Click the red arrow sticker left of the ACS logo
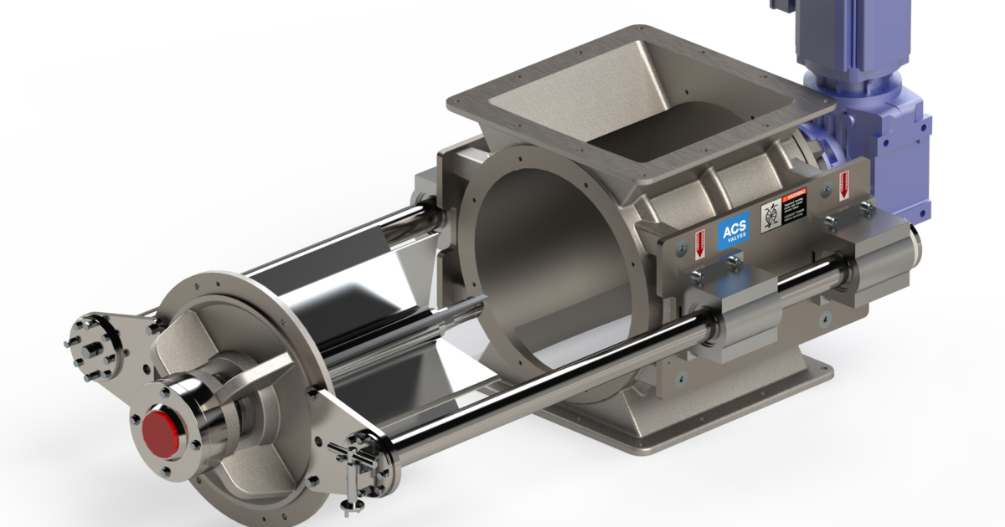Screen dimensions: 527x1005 (699, 244)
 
